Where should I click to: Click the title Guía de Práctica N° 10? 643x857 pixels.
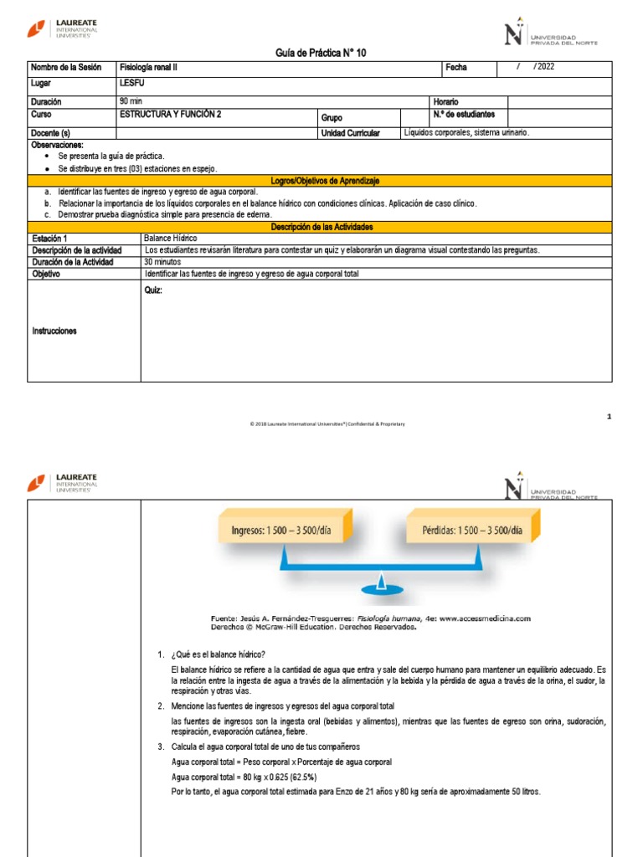click(321, 53)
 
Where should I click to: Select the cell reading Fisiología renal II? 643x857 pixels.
click(149, 68)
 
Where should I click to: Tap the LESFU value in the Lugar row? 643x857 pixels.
click(132, 84)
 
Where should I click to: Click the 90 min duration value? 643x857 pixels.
click(131, 101)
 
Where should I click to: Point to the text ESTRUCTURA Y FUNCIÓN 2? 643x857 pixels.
click(171, 115)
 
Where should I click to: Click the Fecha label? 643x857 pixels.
click(456, 68)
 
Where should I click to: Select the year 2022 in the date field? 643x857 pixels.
click(545, 67)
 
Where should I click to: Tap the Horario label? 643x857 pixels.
click(445, 101)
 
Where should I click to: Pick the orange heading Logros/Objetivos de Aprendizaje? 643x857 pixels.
click(321, 181)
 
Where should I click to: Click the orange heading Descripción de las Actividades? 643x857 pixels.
click(321, 227)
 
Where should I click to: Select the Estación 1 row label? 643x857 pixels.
click(50, 239)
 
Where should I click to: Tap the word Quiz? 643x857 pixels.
click(154, 290)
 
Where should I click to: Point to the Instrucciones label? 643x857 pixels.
click(55, 331)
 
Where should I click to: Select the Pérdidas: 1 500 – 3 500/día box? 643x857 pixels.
click(473, 531)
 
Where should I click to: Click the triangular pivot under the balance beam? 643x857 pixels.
click(380, 584)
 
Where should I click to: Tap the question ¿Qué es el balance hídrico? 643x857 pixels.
click(218, 654)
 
